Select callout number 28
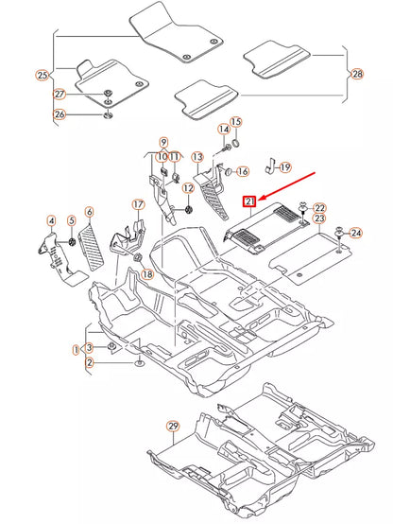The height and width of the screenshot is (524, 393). pos(356,74)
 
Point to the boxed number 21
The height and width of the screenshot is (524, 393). pos(249,201)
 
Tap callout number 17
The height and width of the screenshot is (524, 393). pos(138,203)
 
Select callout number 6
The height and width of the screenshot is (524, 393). pos(90,212)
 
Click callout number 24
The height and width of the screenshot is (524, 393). pos(355,233)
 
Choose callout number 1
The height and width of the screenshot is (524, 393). pos(76,350)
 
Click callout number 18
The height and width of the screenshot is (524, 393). pos(146,273)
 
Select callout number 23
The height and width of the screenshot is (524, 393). pos(319,220)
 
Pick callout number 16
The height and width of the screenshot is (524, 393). pos(241,171)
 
